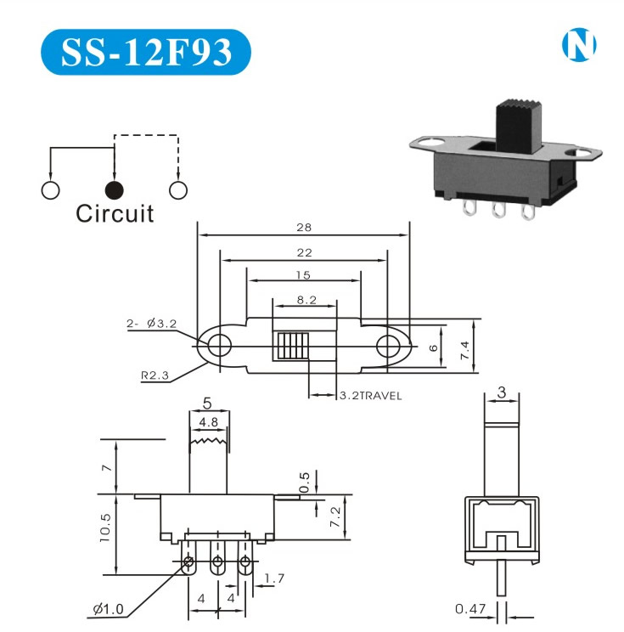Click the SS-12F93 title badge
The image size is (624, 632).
coord(146,52)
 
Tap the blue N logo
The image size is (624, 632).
coord(579,45)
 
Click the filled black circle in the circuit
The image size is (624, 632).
coord(115,189)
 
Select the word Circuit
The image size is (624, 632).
coord(115,213)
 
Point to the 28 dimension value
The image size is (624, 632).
coord(304,228)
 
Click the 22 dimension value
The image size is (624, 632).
coord(304,252)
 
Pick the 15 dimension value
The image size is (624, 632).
coord(304,275)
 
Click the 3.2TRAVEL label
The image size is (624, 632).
coord(370,396)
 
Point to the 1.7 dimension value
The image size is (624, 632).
coord(274,579)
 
